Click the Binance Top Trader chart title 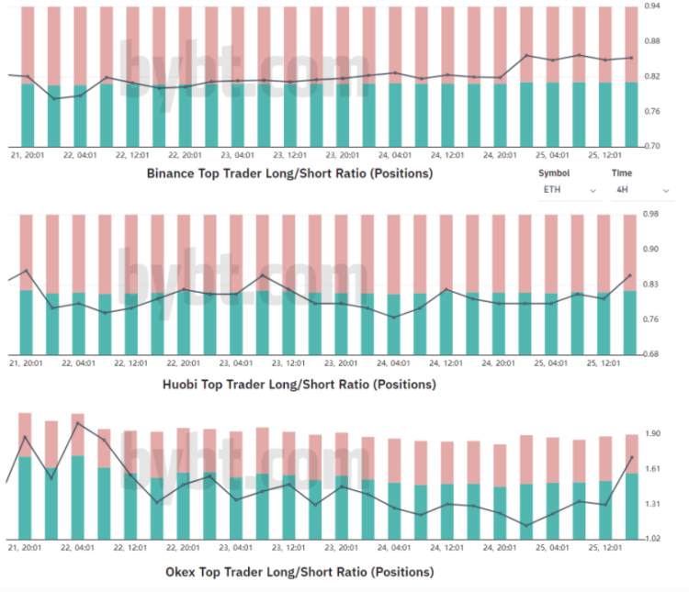289,173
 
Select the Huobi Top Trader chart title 299,384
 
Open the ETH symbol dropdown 569,190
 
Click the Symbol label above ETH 554,173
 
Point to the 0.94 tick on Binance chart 653,6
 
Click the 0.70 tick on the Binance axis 653,146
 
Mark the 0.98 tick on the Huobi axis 653,215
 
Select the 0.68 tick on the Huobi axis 653,354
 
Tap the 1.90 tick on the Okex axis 653,434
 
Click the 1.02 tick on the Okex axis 653,540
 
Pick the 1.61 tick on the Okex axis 653,469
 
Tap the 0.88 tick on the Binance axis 653,41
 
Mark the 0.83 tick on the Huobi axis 653,285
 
